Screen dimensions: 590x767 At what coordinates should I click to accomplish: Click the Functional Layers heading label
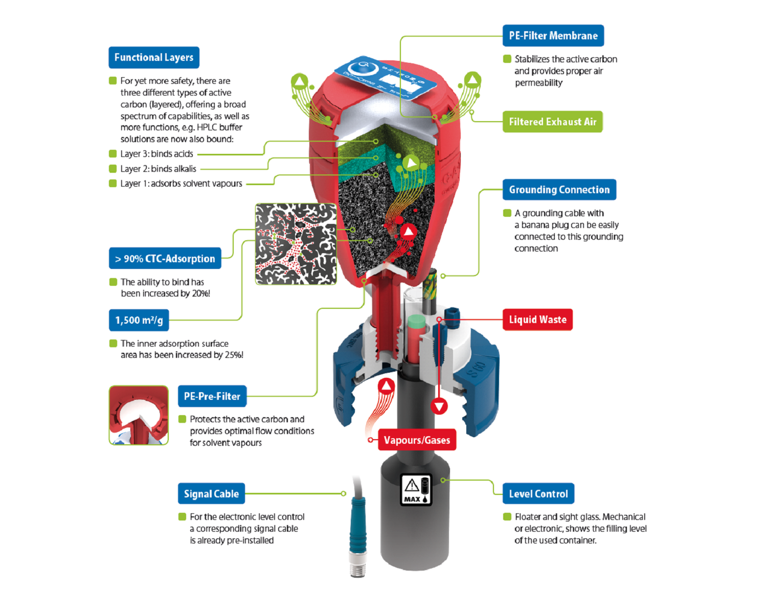click(x=153, y=57)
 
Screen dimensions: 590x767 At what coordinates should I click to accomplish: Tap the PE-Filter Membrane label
click(x=553, y=36)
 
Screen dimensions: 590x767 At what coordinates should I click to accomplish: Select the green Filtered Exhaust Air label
click(x=552, y=122)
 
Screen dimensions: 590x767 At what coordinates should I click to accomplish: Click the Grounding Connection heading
click(x=559, y=190)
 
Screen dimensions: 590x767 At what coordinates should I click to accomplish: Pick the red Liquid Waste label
click(x=537, y=320)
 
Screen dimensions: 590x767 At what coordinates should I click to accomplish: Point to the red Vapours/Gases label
click(x=416, y=440)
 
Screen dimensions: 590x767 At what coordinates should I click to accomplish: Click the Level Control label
click(x=538, y=494)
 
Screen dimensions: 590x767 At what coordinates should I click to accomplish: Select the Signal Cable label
click(x=211, y=494)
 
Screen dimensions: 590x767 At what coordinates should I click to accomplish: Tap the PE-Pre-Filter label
click(x=212, y=396)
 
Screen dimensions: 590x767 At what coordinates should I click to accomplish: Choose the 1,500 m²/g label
click(x=139, y=321)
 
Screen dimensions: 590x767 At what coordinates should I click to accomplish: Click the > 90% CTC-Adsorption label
click(x=165, y=259)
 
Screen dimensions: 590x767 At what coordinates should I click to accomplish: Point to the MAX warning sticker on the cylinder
click(x=416, y=490)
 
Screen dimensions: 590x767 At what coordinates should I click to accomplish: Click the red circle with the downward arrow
click(x=439, y=406)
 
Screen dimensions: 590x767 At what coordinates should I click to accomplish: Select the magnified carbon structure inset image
click(x=296, y=244)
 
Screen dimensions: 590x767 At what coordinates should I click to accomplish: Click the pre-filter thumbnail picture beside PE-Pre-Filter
click(x=139, y=415)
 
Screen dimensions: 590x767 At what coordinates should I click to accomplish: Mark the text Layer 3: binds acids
click(x=156, y=154)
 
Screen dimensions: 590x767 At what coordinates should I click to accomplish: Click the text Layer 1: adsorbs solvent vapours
click(x=181, y=184)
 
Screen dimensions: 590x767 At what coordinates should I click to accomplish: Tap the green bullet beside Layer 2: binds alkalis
click(x=113, y=169)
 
